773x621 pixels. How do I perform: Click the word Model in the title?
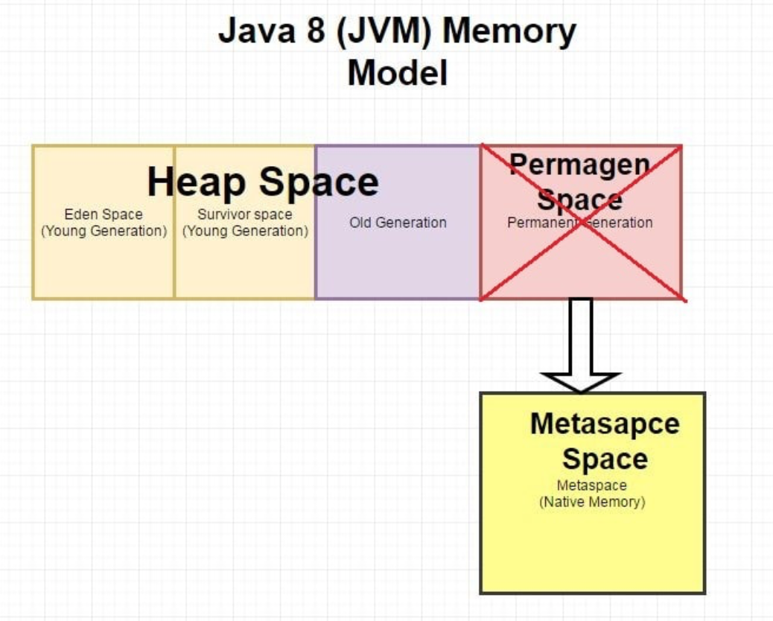click(397, 73)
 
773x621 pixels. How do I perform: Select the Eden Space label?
click(103, 214)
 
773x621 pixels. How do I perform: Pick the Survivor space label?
click(244, 214)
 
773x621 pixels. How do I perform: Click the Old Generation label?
click(398, 223)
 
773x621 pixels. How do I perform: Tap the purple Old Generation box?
click(398, 261)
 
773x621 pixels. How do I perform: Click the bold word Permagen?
click(579, 164)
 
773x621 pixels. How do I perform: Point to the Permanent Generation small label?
click(579, 223)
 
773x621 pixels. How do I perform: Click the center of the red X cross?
click(582, 223)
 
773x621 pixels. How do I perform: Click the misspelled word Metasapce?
click(604, 424)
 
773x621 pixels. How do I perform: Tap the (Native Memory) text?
click(591, 502)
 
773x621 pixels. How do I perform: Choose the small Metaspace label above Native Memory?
click(591, 485)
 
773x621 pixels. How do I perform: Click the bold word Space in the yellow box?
click(604, 459)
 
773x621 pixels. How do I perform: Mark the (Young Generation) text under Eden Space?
click(104, 231)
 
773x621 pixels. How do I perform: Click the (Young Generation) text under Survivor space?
click(245, 231)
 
